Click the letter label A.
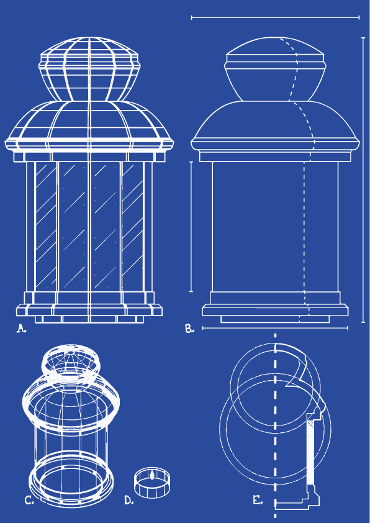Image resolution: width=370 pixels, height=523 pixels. [x=21, y=329]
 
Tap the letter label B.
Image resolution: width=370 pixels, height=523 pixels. [x=190, y=329]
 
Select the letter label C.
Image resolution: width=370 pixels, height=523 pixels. [x=29, y=500]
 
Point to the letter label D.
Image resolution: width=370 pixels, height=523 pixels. [x=129, y=500]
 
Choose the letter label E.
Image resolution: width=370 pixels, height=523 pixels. [x=258, y=500]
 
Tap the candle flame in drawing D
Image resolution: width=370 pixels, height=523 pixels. [x=152, y=475]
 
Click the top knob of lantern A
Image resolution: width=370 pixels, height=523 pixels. [x=89, y=69]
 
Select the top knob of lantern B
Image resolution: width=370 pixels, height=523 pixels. [x=275, y=69]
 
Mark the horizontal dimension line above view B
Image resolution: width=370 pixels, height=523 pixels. [x=276, y=17]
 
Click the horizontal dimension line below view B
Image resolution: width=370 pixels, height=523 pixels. [x=276, y=328]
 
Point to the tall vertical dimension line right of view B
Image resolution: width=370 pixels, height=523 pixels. [x=363, y=180]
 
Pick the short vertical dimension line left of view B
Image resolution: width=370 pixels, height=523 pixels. [x=191, y=227]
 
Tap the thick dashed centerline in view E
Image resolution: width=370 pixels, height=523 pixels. [x=275, y=425]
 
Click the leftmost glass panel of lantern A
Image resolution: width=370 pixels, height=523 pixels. [x=46, y=226]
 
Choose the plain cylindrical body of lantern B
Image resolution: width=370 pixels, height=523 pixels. [x=275, y=227]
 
